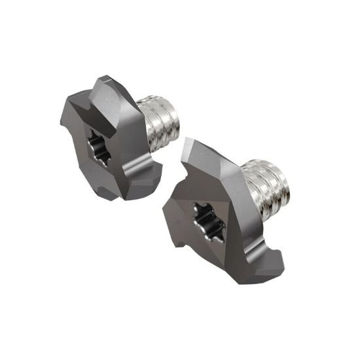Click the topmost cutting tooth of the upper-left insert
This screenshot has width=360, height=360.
pos(108,88)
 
